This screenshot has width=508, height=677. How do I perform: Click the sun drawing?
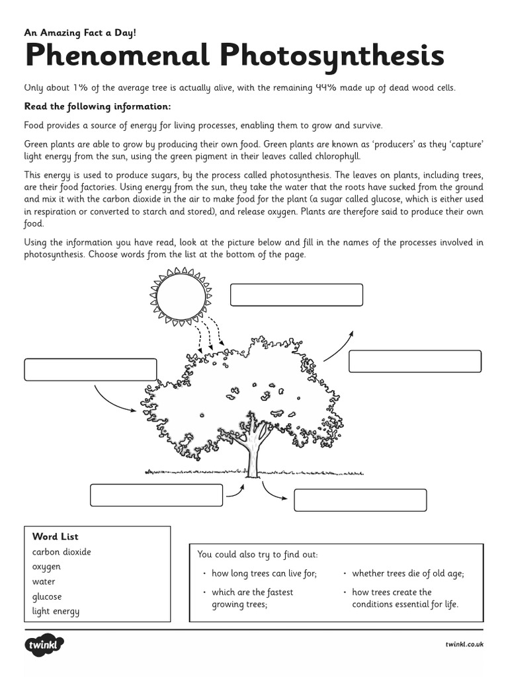(x=181, y=296)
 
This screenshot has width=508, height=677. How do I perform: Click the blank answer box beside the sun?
(x=296, y=295)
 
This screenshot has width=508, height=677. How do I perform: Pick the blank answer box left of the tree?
(x=91, y=370)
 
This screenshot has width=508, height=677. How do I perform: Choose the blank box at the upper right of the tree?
(x=415, y=362)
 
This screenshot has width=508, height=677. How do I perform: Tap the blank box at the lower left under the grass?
(x=156, y=495)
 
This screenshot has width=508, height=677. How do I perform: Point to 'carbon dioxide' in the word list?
(x=62, y=552)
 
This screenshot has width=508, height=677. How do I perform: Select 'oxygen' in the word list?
(x=46, y=567)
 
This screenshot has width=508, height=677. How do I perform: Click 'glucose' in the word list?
(x=47, y=596)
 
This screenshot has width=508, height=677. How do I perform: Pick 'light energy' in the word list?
(x=56, y=611)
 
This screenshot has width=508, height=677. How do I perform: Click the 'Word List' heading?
(x=55, y=537)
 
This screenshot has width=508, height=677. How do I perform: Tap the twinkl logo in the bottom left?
(x=44, y=645)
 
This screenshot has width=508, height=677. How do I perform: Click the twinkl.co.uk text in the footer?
(x=464, y=644)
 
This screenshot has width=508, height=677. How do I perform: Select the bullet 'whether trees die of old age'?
(x=407, y=574)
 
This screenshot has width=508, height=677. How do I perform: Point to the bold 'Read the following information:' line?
(x=97, y=106)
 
